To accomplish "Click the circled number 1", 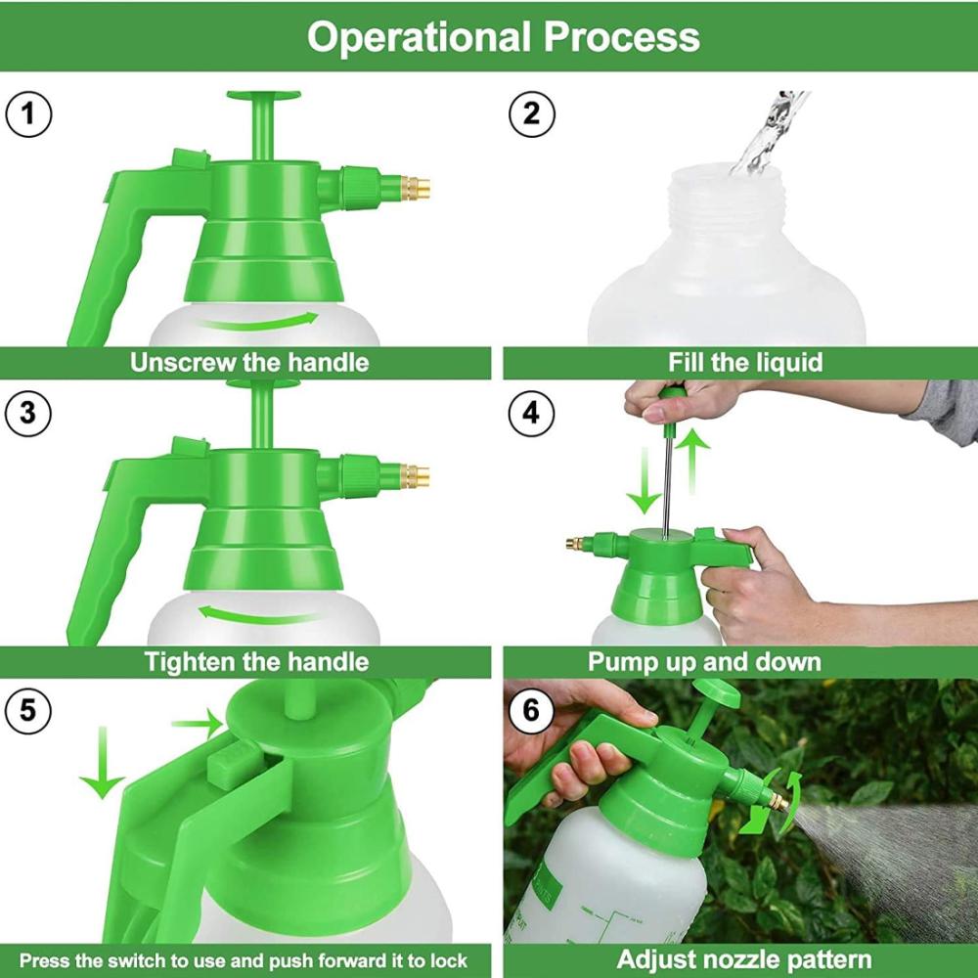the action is point(28,114).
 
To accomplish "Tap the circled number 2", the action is point(531,114).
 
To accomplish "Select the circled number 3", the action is point(28,413).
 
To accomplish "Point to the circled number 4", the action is point(531,413).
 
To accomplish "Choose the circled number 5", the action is point(28,710).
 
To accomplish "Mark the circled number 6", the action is point(531,710).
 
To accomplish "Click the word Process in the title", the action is point(622,37).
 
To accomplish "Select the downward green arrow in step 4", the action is point(645,481).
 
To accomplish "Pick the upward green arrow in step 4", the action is point(693,461).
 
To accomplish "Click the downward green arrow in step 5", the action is point(103,762).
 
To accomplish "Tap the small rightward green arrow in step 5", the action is point(198,724).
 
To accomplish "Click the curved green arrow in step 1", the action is point(255,324).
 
